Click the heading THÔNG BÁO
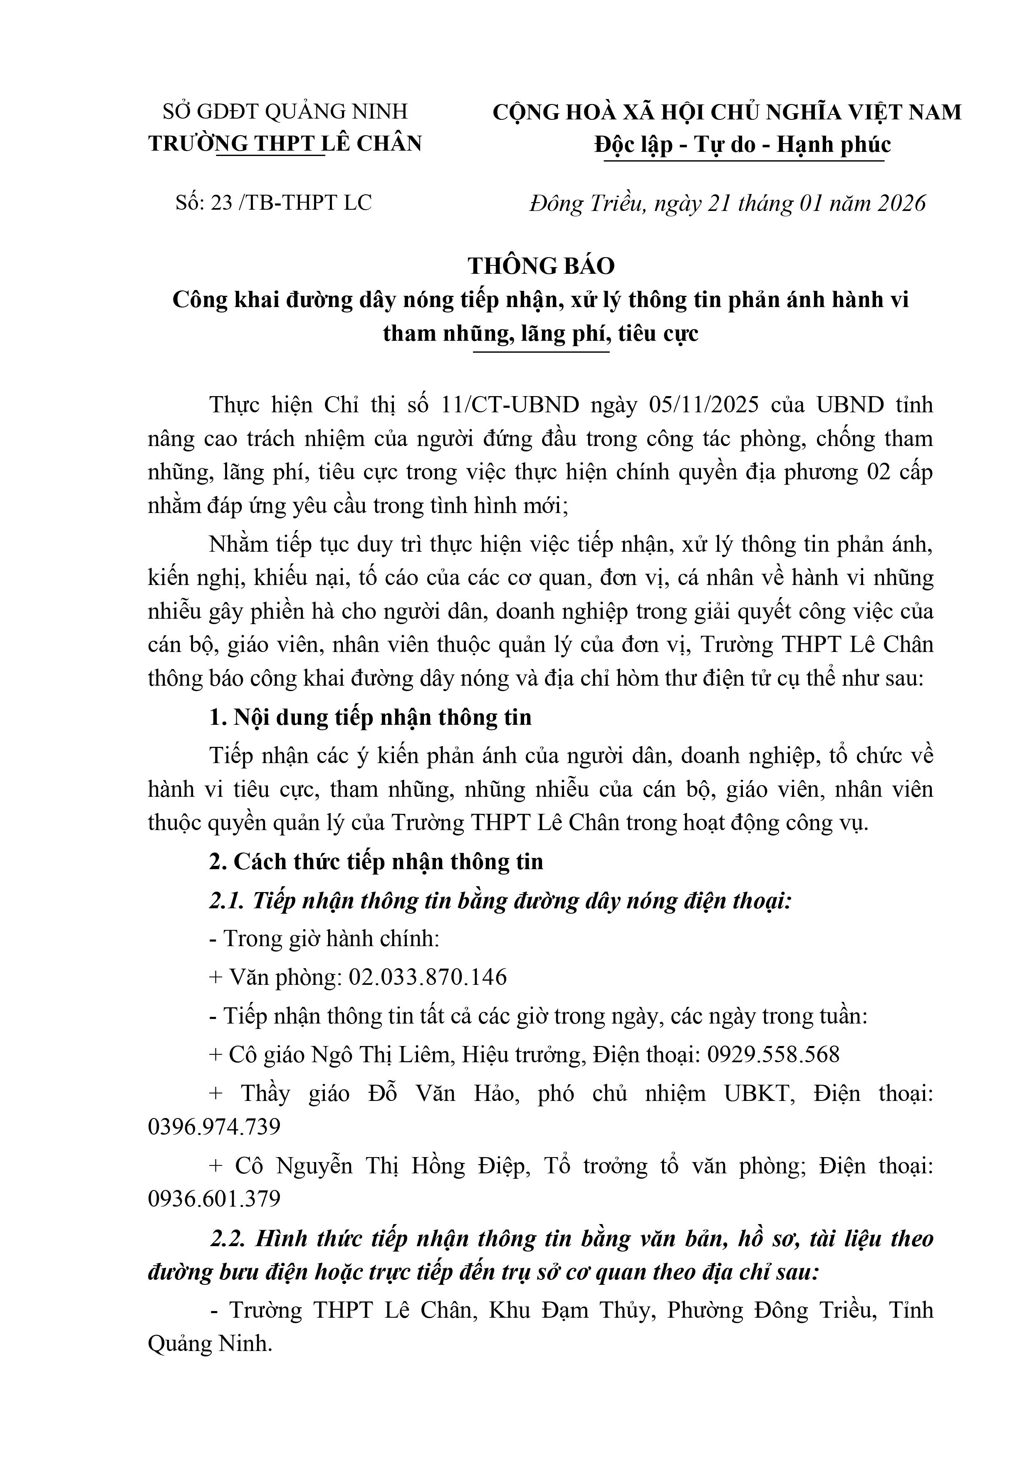pyautogui.click(x=541, y=266)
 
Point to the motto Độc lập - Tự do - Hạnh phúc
pyautogui.click(x=742, y=145)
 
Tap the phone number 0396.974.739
pyautogui.click(x=214, y=1127)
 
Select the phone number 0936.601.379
pyautogui.click(x=214, y=1199)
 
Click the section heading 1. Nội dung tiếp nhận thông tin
pyautogui.click(x=370, y=717)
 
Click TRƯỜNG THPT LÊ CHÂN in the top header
pyautogui.click(x=285, y=144)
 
